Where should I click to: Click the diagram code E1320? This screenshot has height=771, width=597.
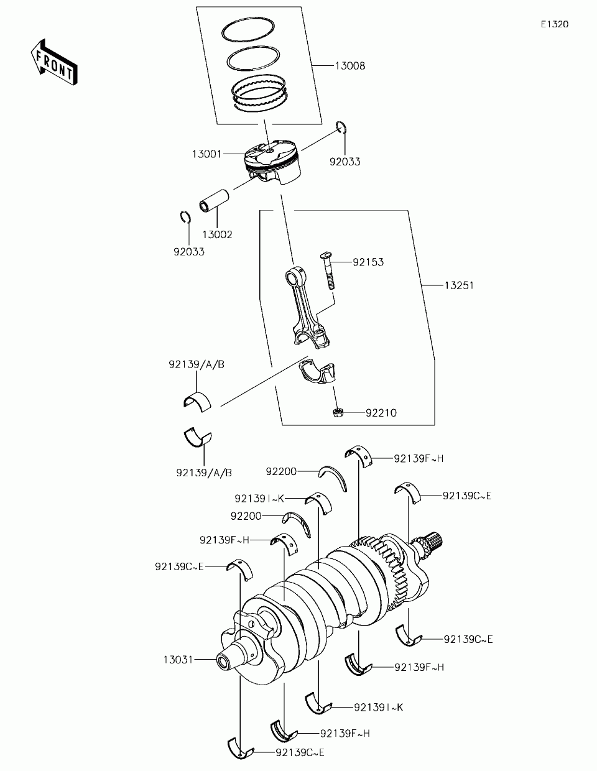(554, 24)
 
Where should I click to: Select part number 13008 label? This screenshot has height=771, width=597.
(349, 66)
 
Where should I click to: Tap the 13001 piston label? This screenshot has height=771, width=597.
(208, 153)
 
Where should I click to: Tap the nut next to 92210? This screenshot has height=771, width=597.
(339, 412)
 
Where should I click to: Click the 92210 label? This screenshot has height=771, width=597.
(381, 413)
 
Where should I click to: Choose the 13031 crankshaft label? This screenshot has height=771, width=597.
(179, 659)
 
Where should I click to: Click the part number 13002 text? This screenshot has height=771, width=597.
(217, 234)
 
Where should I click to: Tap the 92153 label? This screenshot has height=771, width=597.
(368, 262)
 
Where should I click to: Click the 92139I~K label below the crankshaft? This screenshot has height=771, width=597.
(379, 707)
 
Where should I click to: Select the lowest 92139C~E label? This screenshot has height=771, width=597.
(300, 752)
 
